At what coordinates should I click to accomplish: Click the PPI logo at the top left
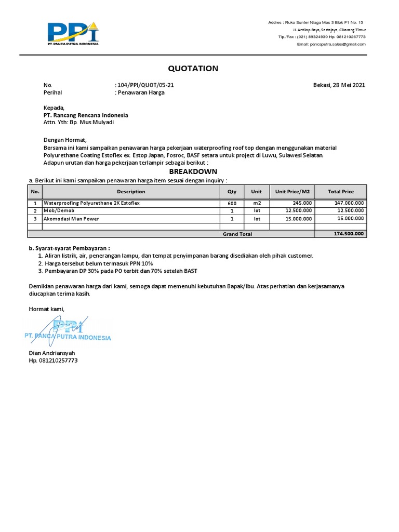coord(72,33)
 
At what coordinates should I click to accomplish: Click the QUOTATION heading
coord(193,69)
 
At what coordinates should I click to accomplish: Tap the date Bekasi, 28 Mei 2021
coord(339,85)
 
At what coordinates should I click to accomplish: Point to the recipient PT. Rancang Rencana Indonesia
coord(86,115)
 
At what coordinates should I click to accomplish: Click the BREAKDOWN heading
coord(193,172)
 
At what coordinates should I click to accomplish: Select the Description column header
coord(131,192)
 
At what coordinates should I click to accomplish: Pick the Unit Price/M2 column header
coord(292,192)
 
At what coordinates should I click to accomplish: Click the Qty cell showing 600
coord(232,203)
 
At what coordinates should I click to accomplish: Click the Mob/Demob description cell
coord(59,211)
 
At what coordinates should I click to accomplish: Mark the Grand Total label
coord(237,234)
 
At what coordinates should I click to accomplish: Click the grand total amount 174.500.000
coord(349,234)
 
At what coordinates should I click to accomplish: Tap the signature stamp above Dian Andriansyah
coord(68,332)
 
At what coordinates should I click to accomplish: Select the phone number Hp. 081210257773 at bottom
coord(53,360)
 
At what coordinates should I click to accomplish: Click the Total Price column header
coord(341,192)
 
